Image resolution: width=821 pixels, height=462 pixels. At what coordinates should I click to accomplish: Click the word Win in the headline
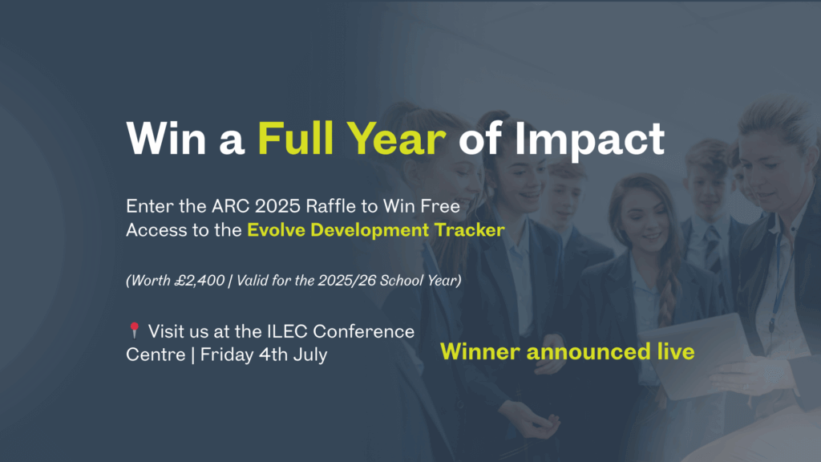point(166,139)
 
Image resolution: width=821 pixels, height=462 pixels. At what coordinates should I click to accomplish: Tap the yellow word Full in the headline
point(295,139)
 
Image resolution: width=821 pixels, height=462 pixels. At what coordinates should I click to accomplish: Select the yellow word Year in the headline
point(396,139)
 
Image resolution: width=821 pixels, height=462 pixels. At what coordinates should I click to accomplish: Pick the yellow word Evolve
point(276,230)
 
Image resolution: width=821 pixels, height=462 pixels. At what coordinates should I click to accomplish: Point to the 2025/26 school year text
point(347,281)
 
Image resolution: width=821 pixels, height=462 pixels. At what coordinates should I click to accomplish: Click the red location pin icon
point(135,330)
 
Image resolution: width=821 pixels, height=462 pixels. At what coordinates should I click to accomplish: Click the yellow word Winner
point(480,351)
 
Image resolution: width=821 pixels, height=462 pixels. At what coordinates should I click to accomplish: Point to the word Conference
point(363,331)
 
